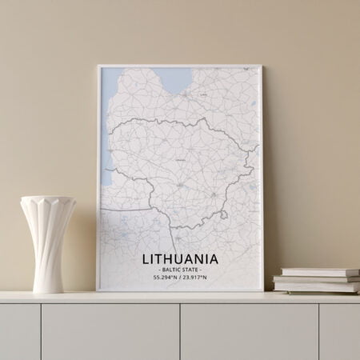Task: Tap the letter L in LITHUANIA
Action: coord(146,258)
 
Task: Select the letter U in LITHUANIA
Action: coord(181,258)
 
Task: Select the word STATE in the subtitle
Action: coord(192,270)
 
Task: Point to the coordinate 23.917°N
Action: coord(194,278)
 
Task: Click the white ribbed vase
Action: coord(48,240)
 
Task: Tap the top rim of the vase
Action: coord(48,199)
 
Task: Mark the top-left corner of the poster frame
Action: coord(98,66)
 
